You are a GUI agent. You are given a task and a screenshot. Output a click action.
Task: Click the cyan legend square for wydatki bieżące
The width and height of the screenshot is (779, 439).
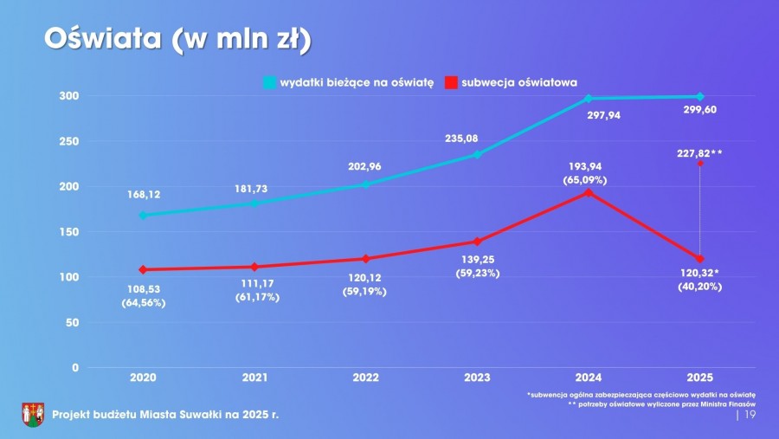pos(269,82)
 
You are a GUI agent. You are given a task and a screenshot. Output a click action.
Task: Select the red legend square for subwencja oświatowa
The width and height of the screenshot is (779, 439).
pos(450,82)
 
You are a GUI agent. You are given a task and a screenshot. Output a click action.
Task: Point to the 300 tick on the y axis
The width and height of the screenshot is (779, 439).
pos(68,96)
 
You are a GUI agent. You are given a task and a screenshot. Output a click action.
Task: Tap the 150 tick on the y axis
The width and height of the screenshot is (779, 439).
pos(68,232)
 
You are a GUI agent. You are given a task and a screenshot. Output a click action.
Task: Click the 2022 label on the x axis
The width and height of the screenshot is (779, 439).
pos(365,378)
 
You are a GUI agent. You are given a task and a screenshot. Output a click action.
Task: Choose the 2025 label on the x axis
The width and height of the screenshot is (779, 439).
pos(699,378)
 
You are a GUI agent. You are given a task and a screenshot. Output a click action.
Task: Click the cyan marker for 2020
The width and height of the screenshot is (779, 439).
pos(143,215)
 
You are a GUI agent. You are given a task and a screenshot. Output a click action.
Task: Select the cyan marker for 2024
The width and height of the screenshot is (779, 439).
pos(588,99)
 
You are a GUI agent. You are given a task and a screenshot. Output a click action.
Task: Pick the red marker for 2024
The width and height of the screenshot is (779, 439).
pos(588,192)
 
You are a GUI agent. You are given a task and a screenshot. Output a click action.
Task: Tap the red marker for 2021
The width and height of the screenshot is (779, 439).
pos(254,267)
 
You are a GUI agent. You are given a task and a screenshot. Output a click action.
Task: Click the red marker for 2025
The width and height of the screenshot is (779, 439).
pos(699,259)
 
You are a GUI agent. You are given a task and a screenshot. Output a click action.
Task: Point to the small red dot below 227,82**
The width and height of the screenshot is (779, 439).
pos(699,163)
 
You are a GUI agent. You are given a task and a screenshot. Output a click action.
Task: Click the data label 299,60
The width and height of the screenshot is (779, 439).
pos(699,110)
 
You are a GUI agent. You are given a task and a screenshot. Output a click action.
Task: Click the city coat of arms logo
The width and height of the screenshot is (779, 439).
pos(33,415)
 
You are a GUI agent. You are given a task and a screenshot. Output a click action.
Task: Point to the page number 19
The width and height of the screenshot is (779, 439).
pos(750,416)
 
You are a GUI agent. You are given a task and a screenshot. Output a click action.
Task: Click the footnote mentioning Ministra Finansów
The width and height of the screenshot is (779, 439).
pos(661,404)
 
